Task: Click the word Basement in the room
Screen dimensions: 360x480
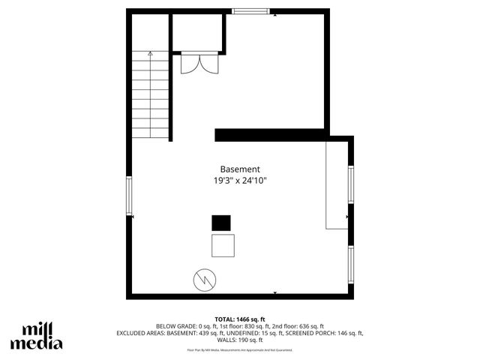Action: point(240,169)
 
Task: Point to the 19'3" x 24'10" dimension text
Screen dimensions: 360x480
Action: point(240,181)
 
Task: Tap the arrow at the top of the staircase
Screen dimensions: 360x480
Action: point(151,54)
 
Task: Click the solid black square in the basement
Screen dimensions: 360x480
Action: point(221,223)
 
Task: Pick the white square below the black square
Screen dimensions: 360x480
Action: point(223,245)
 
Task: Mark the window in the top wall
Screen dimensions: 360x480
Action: point(250,10)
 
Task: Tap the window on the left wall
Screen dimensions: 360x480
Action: point(129,196)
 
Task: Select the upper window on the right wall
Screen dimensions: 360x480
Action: point(350,184)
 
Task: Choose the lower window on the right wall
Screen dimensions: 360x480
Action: point(350,264)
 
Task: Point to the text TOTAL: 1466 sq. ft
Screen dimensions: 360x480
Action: point(240,319)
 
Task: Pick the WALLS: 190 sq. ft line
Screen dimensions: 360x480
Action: point(240,340)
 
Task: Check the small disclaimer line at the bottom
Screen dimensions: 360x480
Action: point(240,349)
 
